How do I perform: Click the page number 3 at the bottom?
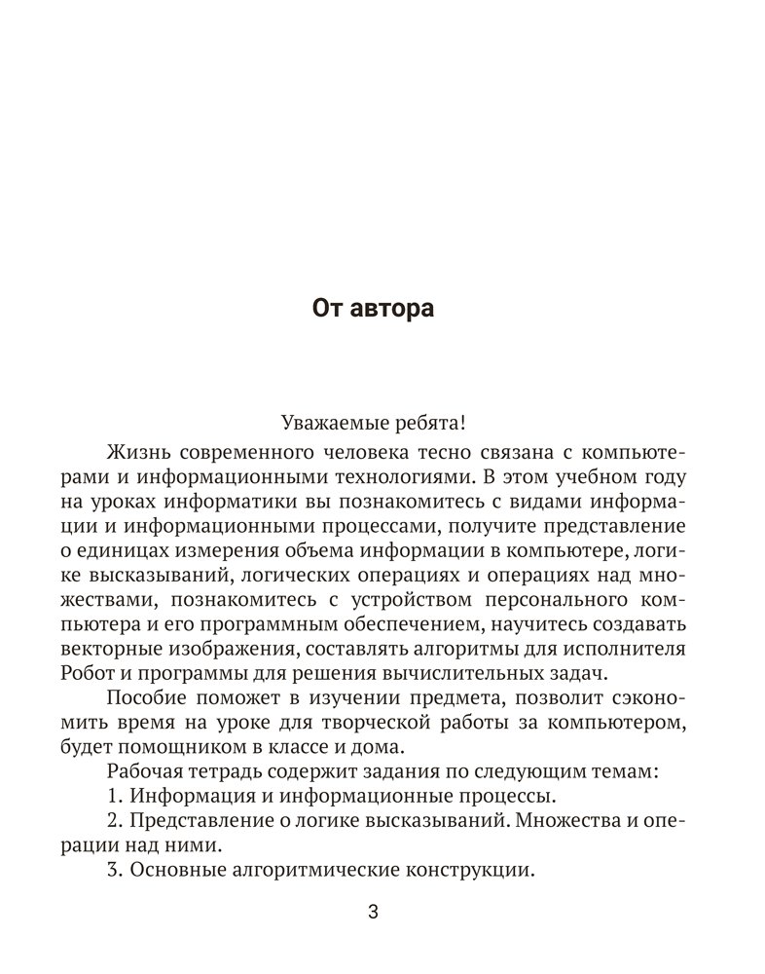point(373,913)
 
